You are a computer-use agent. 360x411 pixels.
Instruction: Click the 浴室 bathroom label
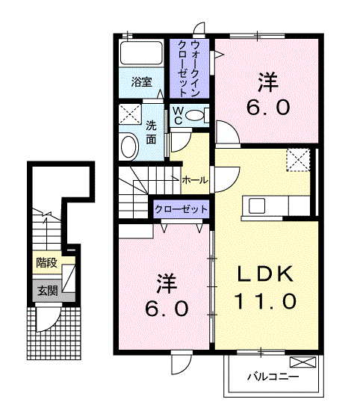[141, 82]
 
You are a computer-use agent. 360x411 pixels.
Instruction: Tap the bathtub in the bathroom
[141, 52]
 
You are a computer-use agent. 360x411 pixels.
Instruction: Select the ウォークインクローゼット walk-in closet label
[189, 69]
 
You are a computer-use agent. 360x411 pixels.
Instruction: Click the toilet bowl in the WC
[194, 115]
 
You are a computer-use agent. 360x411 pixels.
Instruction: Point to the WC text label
[179, 115]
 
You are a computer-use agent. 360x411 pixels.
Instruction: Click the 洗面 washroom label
[151, 132]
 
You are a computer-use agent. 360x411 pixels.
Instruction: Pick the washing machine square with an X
[130, 114]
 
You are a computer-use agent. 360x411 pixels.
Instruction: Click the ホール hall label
[195, 180]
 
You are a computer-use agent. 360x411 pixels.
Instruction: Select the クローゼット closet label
[181, 209]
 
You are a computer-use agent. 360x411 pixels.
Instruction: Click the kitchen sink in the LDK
[257, 205]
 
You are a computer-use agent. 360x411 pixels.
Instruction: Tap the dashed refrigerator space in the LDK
[298, 160]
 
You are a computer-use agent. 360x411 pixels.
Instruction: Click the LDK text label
[265, 274]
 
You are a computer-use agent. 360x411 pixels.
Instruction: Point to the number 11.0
[265, 301]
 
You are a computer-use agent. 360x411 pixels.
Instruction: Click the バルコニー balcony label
[273, 377]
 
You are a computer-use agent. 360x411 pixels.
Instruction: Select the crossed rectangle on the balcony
[302, 362]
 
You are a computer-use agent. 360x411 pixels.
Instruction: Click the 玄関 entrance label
[47, 291]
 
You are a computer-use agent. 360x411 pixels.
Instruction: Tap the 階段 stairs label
[46, 262]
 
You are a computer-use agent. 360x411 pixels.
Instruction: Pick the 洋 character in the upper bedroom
[268, 82]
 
